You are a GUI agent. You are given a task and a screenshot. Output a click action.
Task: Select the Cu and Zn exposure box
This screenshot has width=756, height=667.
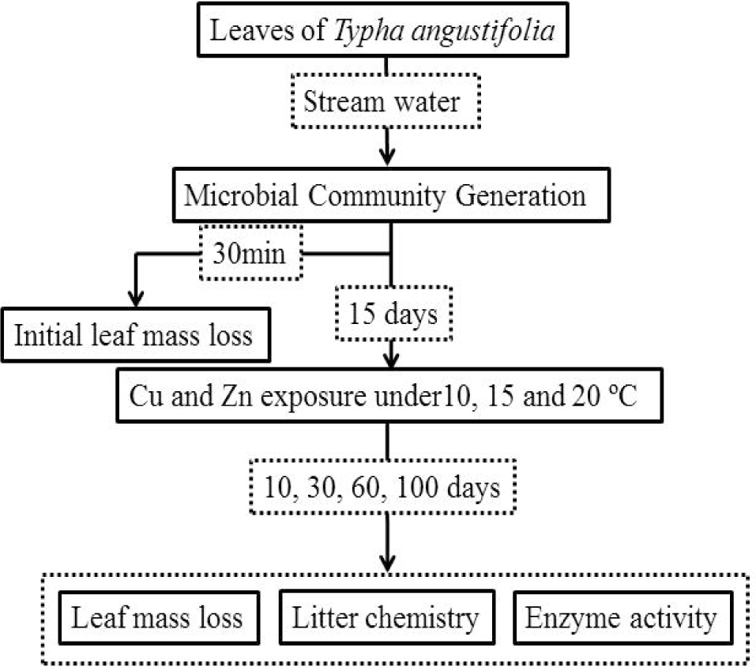click(x=387, y=395)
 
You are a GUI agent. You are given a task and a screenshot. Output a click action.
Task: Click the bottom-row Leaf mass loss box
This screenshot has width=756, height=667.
click(x=157, y=616)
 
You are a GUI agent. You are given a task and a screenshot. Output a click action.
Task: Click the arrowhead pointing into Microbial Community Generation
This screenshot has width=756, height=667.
click(x=386, y=156)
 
